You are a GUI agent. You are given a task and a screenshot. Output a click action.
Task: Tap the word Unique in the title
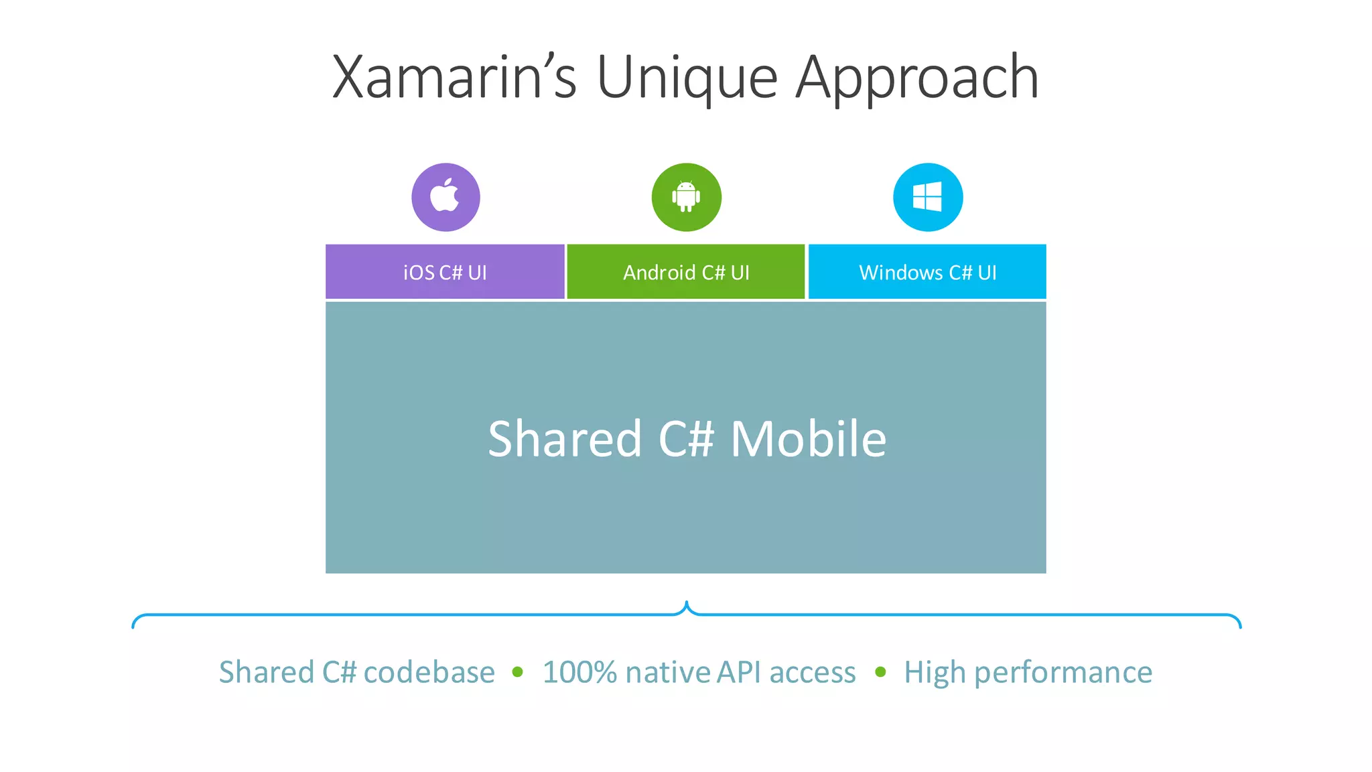pyautogui.click(x=687, y=78)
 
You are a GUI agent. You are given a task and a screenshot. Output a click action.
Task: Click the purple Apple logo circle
pyautogui.click(x=445, y=197)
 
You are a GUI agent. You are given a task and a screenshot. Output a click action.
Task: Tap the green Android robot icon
pyautogui.click(x=686, y=197)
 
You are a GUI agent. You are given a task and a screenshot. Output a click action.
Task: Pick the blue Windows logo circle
pyautogui.click(x=928, y=197)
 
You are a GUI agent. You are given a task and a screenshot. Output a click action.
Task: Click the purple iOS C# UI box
pyautogui.click(x=445, y=272)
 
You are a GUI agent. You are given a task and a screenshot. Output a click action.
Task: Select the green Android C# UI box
pyautogui.click(x=686, y=272)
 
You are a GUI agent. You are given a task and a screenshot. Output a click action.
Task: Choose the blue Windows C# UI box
pyautogui.click(x=927, y=272)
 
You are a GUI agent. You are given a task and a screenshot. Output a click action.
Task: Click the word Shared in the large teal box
pyautogui.click(x=565, y=439)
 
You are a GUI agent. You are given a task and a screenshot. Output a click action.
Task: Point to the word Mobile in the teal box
pyautogui.click(x=809, y=439)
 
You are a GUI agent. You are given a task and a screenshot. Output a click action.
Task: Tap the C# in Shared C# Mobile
pyautogui.click(x=686, y=439)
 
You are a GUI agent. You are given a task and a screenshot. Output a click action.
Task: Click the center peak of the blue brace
pyautogui.click(x=687, y=604)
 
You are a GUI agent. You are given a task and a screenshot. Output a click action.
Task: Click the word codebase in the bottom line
pyautogui.click(x=429, y=672)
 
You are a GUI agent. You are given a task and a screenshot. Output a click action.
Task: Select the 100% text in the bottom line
pyautogui.click(x=579, y=672)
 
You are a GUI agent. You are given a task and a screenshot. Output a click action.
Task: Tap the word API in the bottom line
pyautogui.click(x=739, y=672)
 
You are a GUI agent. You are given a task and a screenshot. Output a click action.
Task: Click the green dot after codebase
pyautogui.click(x=517, y=672)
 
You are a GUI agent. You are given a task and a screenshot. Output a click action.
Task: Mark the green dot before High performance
pyautogui.click(x=880, y=672)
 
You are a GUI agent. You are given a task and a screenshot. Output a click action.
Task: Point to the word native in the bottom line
pyautogui.click(x=667, y=672)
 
